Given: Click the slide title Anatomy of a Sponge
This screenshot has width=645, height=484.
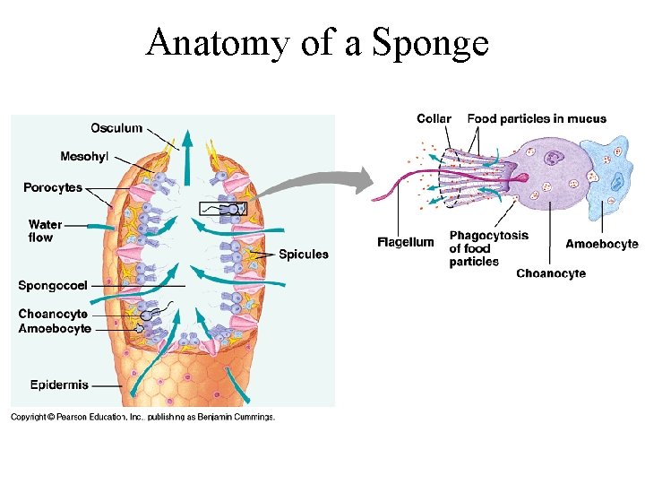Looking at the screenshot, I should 317,42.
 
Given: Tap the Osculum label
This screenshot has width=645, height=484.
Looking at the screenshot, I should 116,128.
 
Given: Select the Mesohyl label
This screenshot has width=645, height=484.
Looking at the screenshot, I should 84,157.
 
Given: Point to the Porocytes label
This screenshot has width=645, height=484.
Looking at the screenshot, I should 53,187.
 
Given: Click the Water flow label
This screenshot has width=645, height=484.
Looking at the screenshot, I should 45,231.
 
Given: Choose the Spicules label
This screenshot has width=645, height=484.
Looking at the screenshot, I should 303,255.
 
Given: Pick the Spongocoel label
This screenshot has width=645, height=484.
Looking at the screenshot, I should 53,286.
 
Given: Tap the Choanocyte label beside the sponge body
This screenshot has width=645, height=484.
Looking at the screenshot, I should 53,315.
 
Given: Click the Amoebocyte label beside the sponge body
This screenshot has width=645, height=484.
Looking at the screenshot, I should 55,329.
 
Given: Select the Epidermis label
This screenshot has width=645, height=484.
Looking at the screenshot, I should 59,385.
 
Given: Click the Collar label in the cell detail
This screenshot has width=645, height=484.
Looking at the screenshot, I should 434,118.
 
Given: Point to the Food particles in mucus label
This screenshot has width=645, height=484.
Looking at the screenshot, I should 537,118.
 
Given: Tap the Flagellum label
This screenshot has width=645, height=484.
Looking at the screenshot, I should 405,242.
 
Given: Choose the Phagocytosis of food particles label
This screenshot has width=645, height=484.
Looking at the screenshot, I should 488,248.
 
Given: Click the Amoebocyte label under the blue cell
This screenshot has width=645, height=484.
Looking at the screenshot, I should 601,244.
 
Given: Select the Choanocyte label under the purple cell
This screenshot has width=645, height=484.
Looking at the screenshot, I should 551,273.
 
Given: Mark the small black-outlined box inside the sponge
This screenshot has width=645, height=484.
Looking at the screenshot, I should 222,210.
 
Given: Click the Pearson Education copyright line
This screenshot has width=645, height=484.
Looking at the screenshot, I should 142,417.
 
